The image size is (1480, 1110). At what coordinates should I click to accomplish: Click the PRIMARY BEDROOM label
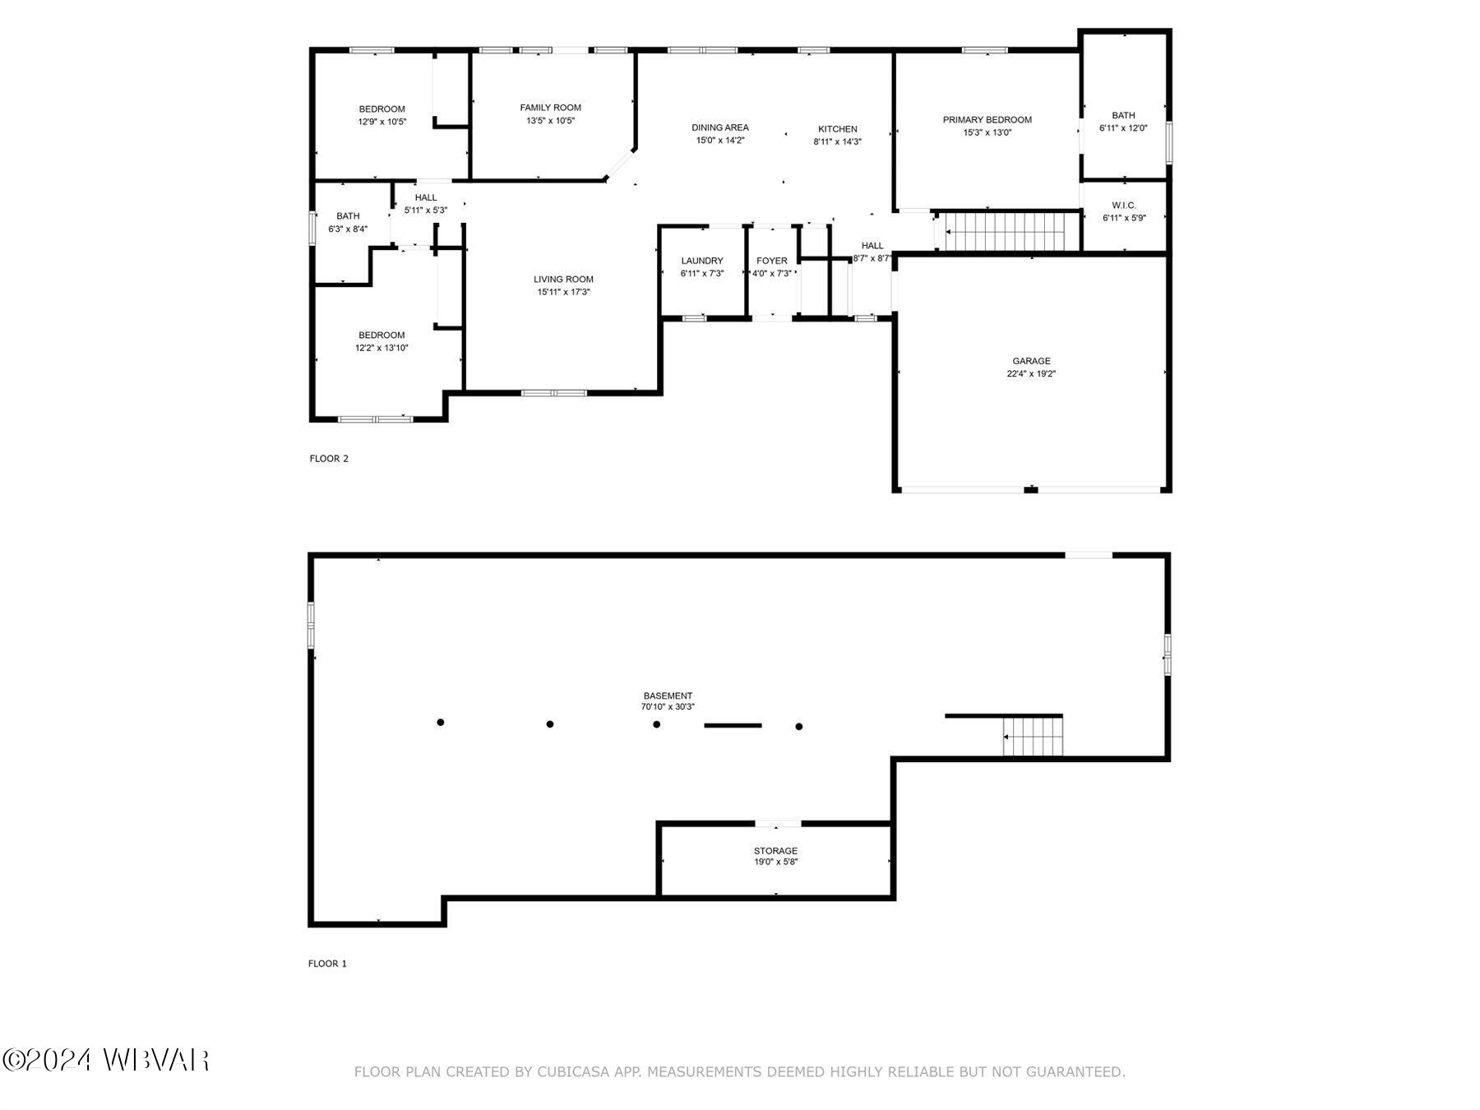[987, 120]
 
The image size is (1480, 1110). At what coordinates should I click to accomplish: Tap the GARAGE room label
[1031, 361]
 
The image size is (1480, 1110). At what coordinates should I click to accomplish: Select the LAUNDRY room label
[702, 261]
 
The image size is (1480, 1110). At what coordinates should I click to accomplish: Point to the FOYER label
[772, 261]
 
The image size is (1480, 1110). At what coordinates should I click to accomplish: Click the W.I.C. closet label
[1123, 206]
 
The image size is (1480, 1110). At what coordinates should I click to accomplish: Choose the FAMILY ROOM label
[550, 108]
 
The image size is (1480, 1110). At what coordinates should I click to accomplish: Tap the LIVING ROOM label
[563, 280]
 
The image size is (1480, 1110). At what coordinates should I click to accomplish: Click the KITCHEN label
[837, 129]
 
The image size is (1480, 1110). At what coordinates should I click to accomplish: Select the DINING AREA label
[720, 127]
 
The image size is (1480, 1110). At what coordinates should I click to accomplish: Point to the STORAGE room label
[775, 851]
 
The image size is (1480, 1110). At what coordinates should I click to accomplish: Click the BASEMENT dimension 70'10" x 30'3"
[668, 706]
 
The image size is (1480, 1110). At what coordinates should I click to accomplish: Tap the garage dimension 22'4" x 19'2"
[1031, 373]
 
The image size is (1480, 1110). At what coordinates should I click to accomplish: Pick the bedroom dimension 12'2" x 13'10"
[382, 348]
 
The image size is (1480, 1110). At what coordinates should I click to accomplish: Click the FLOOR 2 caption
[329, 459]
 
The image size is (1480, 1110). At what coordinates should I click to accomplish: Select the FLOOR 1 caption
[327, 964]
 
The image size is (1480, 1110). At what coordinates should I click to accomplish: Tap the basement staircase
[1034, 736]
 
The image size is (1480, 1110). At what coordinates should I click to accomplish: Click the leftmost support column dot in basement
[441, 723]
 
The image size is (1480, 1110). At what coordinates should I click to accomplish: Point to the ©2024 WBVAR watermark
[106, 1061]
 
